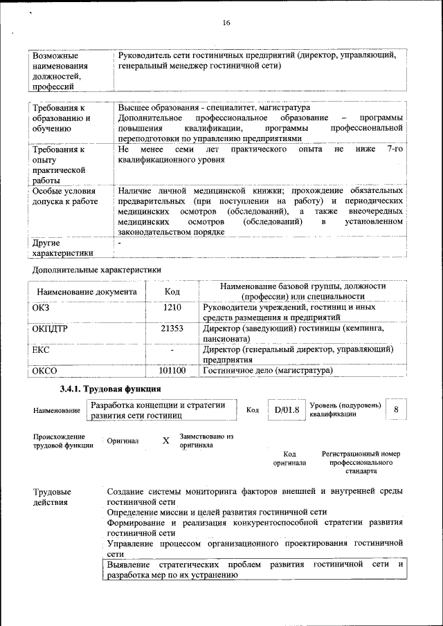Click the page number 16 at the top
(226, 23)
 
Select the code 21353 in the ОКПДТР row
(172, 329)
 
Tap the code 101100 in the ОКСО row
(172, 371)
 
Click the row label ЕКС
(40, 351)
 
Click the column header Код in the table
(172, 292)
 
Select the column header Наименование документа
(87, 292)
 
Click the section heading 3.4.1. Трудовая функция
(104, 390)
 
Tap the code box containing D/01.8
(286, 410)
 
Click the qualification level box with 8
(396, 409)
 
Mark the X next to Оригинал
(165, 441)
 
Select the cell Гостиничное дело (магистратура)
(267, 371)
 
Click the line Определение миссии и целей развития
(217, 512)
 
